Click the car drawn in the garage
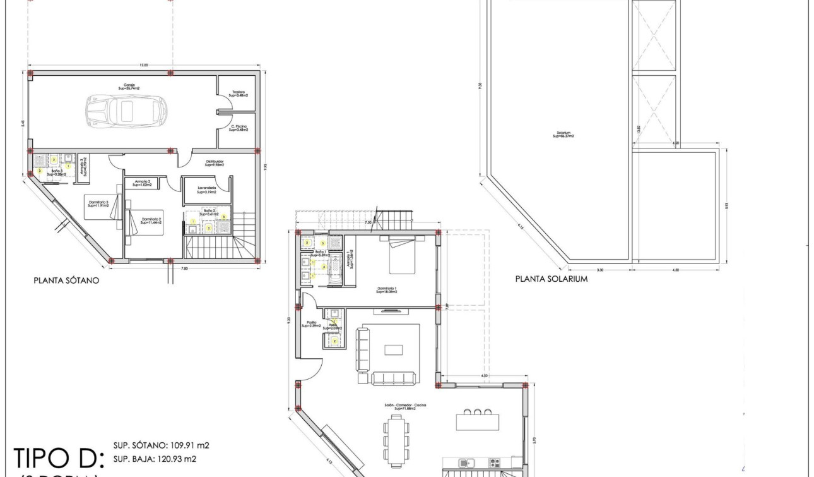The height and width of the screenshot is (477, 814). click(x=127, y=110)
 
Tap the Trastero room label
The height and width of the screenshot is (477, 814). click(x=238, y=94)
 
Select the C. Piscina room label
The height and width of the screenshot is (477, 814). click(x=238, y=128)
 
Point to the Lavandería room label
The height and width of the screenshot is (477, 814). click(x=206, y=190)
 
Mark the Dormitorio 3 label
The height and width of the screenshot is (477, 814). click(x=98, y=203)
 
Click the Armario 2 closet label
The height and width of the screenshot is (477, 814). click(x=141, y=183)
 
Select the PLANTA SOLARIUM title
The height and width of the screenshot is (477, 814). click(x=552, y=279)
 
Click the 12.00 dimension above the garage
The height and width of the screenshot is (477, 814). click(x=144, y=65)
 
